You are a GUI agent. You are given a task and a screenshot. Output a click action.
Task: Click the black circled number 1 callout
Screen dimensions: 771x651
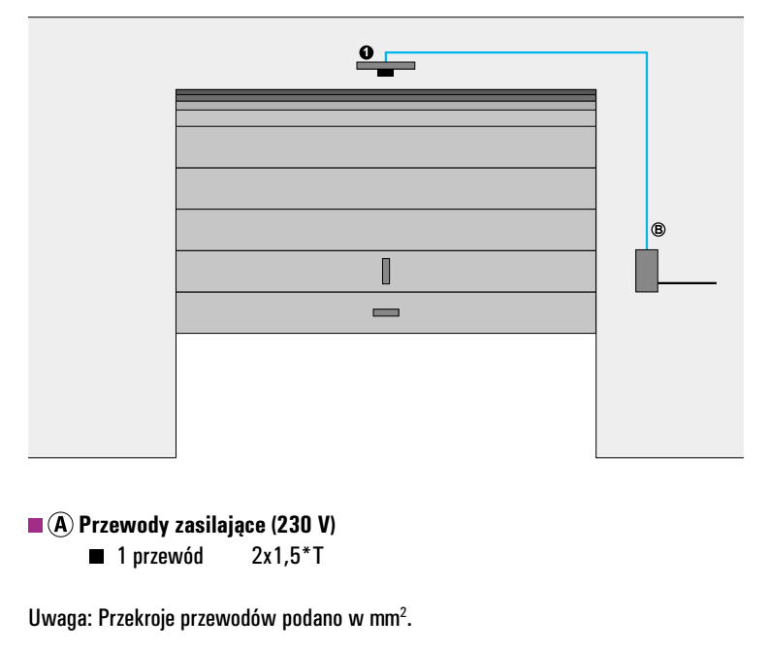[367, 51]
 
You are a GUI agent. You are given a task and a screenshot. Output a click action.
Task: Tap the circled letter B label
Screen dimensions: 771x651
[658, 229]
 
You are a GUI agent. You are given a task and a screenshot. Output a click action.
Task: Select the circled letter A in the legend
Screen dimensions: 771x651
[60, 525]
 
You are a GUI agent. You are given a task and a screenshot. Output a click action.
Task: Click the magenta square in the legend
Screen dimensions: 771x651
[36, 525]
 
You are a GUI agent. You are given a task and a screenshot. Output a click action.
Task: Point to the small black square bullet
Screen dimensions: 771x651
[96, 557]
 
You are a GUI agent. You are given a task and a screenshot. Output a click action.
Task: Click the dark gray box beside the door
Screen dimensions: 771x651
[647, 271]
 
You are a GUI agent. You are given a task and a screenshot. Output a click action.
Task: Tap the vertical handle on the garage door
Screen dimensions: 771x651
[386, 271]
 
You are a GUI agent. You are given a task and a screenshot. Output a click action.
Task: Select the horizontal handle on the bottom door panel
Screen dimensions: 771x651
[386, 312]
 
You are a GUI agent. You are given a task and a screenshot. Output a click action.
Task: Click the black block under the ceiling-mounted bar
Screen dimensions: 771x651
[386, 73]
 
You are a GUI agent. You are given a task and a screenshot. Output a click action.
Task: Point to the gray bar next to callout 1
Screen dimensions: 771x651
[386, 65]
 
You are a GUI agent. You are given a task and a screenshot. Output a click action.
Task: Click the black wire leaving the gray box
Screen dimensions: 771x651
[688, 283]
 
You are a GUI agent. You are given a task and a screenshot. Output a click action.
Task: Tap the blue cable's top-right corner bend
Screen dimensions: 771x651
[647, 52]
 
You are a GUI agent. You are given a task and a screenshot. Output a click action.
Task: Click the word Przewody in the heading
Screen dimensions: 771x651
[124, 525]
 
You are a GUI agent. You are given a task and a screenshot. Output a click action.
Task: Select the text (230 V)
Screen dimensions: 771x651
[304, 525]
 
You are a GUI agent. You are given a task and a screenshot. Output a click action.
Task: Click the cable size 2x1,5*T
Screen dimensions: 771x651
[288, 556]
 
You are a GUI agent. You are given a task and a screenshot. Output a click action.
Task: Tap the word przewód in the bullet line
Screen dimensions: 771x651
[168, 557]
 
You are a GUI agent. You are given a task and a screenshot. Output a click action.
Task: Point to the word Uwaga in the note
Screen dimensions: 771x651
[60, 618]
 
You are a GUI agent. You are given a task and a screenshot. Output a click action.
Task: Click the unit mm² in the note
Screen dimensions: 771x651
[389, 617]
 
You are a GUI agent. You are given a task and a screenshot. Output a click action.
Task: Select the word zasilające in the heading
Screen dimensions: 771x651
[220, 526]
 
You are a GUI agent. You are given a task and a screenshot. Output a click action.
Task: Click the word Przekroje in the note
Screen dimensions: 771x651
[137, 619]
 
